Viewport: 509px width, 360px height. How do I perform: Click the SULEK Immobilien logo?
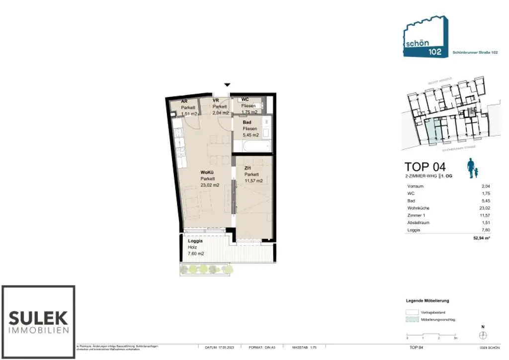point(39,321)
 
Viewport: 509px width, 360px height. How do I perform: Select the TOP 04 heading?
point(425,167)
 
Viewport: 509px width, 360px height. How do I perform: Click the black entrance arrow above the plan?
point(228,86)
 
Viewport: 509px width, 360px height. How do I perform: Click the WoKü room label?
point(207,173)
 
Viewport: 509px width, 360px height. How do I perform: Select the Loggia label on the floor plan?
point(195,241)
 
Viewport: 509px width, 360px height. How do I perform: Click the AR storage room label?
point(184,100)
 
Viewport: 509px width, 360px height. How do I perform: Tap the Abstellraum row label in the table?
point(418,223)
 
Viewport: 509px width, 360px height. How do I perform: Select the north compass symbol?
point(483,335)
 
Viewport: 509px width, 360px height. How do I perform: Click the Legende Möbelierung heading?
point(428,301)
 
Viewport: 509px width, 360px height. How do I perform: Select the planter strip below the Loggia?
point(206,270)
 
